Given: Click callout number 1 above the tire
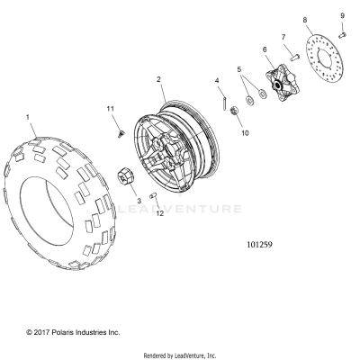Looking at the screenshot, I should (28, 117).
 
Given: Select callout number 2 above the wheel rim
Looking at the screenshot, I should (159, 80).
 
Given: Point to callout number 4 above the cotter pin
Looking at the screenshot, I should (217, 81).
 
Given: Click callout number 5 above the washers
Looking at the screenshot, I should (238, 68).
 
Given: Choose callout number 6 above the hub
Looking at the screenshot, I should (265, 49).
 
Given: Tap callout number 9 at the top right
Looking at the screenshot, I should (341, 15).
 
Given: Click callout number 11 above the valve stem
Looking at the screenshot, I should (112, 109).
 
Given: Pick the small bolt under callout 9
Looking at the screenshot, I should (343, 33).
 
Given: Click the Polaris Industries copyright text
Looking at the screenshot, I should (60, 332).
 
